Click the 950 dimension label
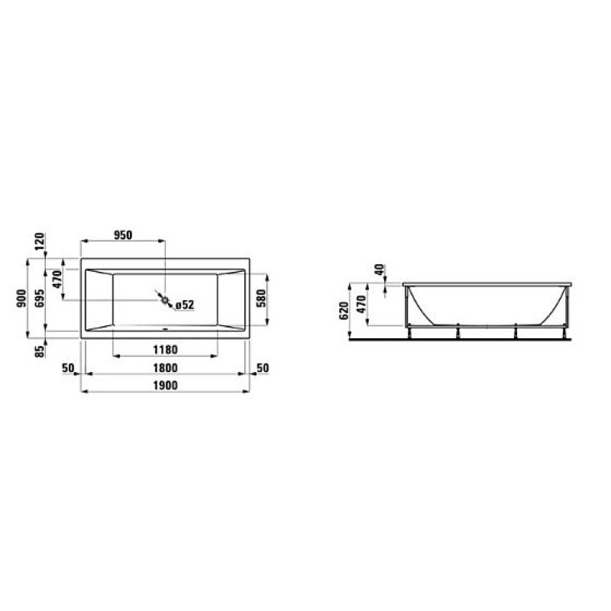pyautogui.click(x=123, y=235)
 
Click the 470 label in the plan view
pyautogui.click(x=57, y=283)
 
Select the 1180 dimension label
pyautogui.click(x=164, y=350)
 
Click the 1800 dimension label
pyautogui.click(x=164, y=368)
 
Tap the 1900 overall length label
pyautogui.click(x=164, y=386)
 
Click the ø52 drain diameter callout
pyautogui.click(x=184, y=305)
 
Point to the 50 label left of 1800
pyautogui.click(x=67, y=368)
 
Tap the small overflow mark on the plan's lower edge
pyautogui.click(x=164, y=331)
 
